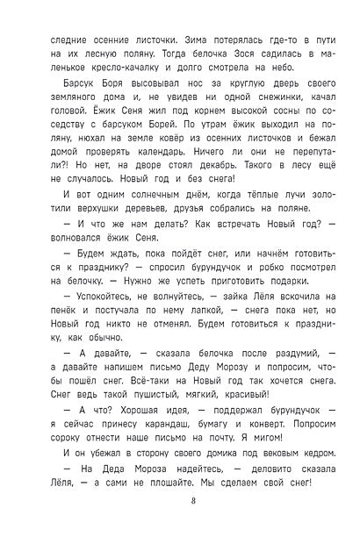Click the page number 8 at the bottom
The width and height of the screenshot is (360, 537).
tap(179, 501)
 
